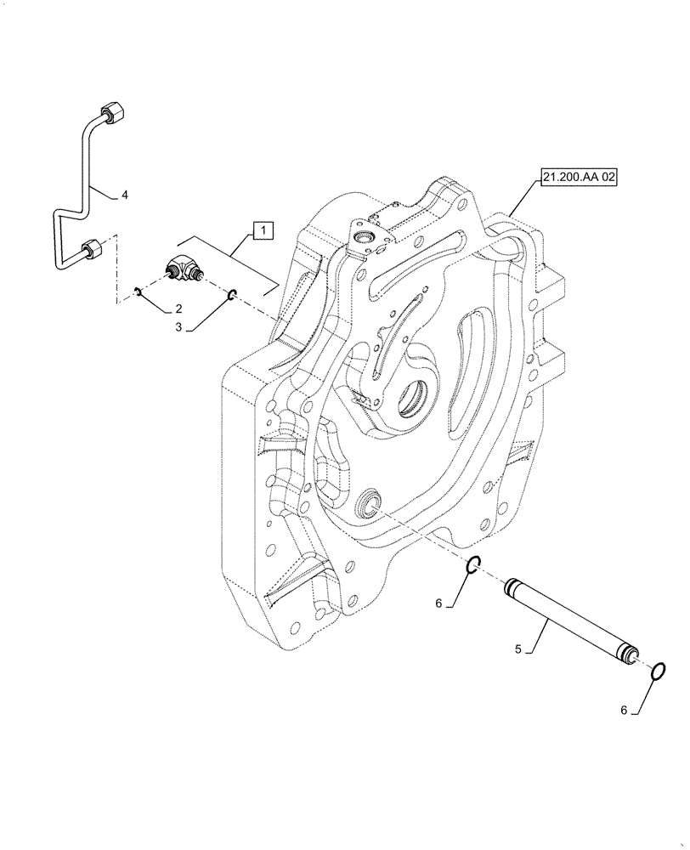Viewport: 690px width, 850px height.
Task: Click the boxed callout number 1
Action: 263,229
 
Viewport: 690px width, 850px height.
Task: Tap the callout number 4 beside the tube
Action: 124,195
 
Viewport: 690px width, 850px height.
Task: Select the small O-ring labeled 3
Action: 230,295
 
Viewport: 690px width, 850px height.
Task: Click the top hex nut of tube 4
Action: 110,113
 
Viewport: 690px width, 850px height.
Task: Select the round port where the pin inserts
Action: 370,503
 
